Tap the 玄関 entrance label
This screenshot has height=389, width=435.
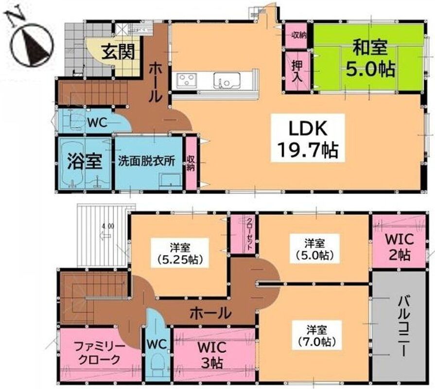118,52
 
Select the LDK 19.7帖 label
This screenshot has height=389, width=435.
308,139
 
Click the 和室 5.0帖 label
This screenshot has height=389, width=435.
370,58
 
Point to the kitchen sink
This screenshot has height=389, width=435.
226,80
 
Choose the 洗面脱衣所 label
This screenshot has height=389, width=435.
147,161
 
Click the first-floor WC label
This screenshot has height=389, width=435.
97,123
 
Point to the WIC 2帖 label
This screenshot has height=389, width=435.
399,247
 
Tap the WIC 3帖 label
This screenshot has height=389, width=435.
211,355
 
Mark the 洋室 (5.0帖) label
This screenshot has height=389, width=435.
314,248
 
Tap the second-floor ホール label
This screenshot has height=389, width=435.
211,313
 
